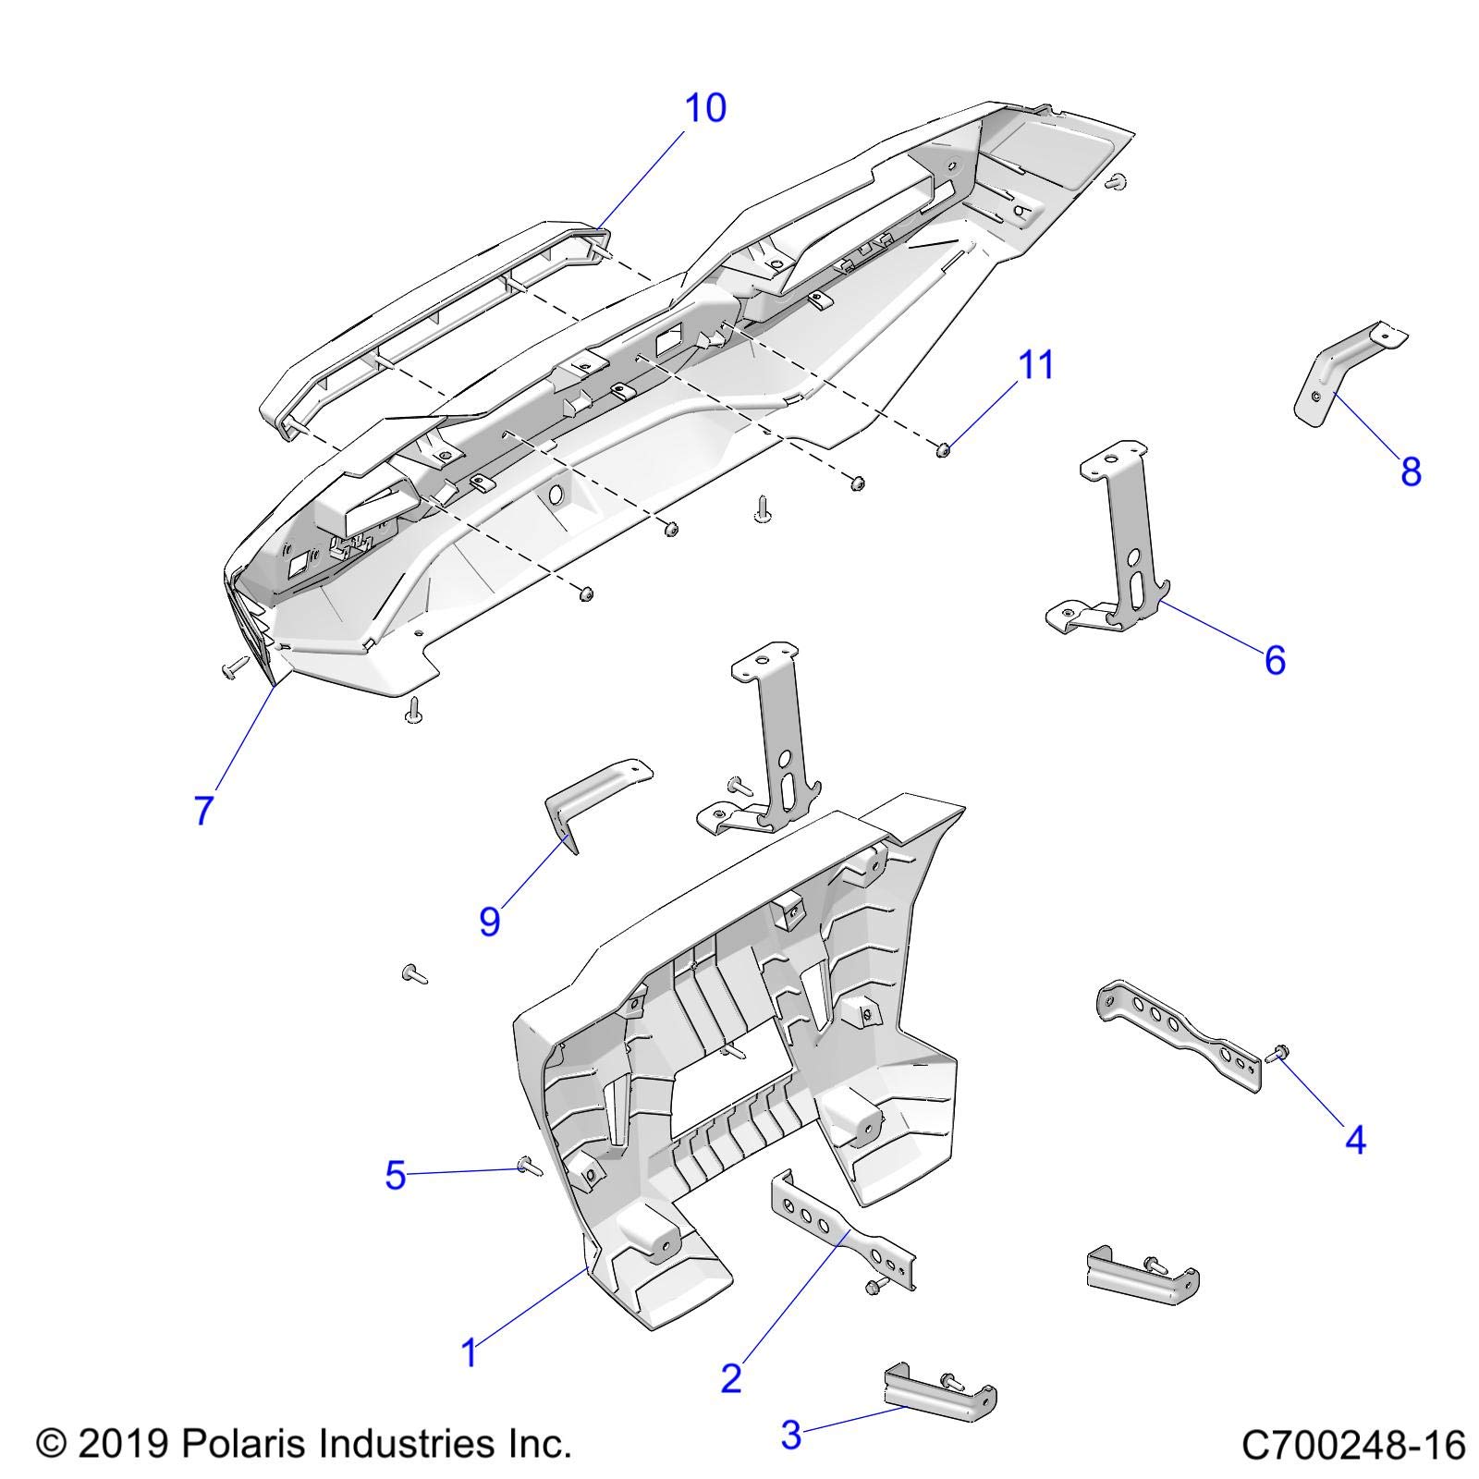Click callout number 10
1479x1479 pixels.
[704, 108]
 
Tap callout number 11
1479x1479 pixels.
[1035, 365]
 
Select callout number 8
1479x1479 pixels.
[1410, 472]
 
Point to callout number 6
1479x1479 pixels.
[1275, 660]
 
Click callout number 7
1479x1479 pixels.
[204, 809]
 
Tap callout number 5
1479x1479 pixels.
[396, 1177]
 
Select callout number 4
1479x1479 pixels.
[1354, 1141]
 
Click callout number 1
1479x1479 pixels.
[470, 1353]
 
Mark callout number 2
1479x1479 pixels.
[731, 1379]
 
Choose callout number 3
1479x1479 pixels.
[791, 1436]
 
